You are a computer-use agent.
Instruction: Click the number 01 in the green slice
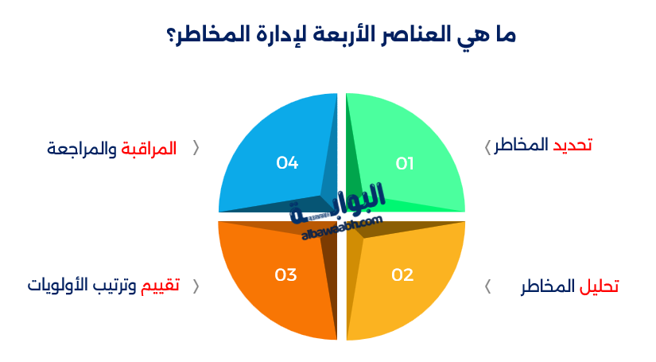point(406,163)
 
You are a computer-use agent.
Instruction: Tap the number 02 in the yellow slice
point(402,275)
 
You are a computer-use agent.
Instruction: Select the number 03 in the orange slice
point(285,275)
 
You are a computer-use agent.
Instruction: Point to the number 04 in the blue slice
point(287,163)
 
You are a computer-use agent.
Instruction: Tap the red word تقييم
point(161,286)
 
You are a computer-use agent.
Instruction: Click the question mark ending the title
point(173,37)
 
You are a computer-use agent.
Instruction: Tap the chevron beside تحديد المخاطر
point(487,146)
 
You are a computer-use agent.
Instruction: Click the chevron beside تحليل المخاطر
point(487,286)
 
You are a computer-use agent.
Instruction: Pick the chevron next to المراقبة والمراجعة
point(196,148)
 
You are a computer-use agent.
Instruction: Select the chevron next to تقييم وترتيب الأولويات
point(196,286)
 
